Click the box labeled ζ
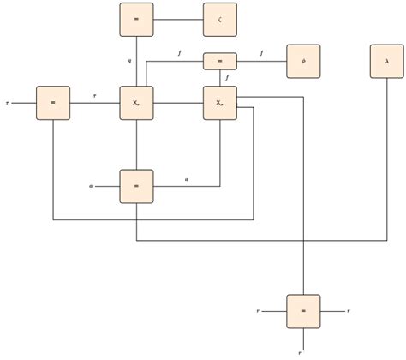point(220,20)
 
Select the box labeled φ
point(303,62)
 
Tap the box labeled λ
point(387,62)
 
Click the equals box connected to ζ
point(136,20)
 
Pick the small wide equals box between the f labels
point(220,62)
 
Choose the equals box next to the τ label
point(53,103)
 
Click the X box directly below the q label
point(136,103)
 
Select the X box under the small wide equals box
point(220,103)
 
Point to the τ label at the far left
point(7,103)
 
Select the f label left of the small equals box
point(179,54)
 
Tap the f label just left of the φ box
point(262,54)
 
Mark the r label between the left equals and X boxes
point(94,96)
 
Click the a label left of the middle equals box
point(91,185)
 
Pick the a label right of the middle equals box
point(187,178)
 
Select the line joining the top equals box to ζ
point(178,20)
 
